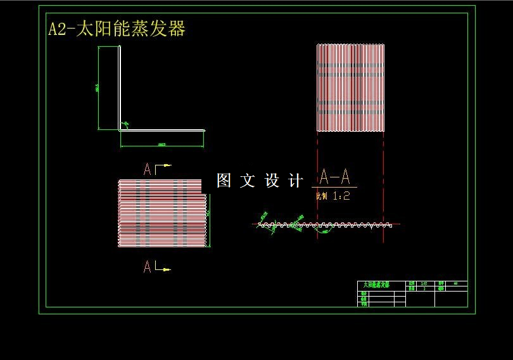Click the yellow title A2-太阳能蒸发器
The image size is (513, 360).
click(x=117, y=29)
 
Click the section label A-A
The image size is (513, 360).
click(x=334, y=176)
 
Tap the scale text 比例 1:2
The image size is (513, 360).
click(x=332, y=196)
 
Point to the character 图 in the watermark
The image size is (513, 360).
click(x=224, y=181)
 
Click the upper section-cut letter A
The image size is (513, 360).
click(x=148, y=169)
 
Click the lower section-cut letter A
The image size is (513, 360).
click(x=148, y=267)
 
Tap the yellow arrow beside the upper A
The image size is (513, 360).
click(x=166, y=166)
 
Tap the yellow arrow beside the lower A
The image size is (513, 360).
click(x=165, y=269)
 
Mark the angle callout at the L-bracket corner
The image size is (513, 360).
click(x=125, y=124)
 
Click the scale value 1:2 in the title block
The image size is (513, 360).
click(x=423, y=283)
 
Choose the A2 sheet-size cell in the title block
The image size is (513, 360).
click(x=455, y=283)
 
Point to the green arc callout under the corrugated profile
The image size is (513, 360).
click(x=326, y=233)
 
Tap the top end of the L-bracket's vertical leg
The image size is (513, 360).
click(x=120, y=48)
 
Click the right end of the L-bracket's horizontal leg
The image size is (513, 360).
click(x=204, y=131)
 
